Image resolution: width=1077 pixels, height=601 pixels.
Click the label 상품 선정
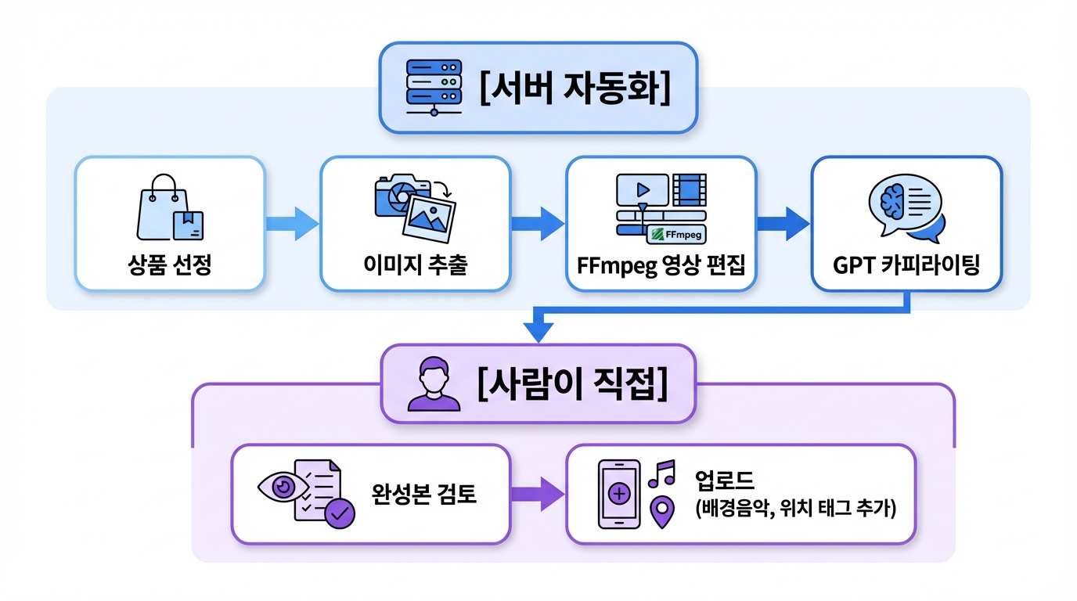click(x=170, y=265)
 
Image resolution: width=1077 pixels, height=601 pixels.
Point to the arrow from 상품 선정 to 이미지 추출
click(x=292, y=224)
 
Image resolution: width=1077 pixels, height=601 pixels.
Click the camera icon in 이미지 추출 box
click(x=402, y=196)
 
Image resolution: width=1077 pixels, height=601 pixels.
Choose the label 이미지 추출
click(x=416, y=265)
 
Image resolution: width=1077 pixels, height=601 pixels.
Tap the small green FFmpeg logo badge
click(x=675, y=233)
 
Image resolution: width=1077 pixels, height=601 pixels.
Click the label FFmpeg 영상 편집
click(x=661, y=265)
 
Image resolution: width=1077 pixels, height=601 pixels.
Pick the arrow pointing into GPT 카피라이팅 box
click(x=783, y=224)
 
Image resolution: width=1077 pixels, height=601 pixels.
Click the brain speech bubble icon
click(x=906, y=207)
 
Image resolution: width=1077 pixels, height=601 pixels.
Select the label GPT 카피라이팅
click(x=906, y=265)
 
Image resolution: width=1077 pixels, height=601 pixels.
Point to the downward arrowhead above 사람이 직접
click(x=537, y=332)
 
